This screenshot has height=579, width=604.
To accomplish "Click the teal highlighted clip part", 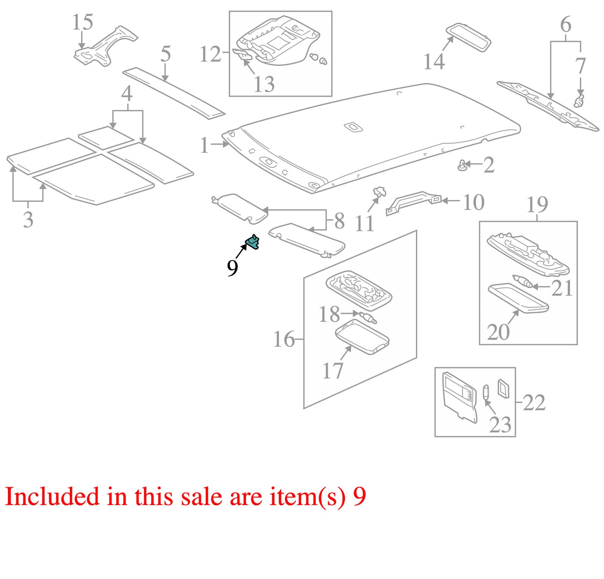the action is point(252,242).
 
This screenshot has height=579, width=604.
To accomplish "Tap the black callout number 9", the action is point(232,268).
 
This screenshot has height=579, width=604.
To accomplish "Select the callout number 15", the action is point(82,22).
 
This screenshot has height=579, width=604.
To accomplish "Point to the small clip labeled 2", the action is point(462,165).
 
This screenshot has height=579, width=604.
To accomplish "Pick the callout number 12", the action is point(210,54).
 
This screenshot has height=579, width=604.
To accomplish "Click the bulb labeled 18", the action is point(368,318).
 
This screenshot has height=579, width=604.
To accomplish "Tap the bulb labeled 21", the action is point(522,281).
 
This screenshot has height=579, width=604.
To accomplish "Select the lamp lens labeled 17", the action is point(362,336).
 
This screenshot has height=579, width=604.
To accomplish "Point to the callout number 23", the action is point(500,425).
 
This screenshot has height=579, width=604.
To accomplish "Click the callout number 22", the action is point(534,403).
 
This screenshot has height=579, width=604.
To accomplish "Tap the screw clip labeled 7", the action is point(579,101).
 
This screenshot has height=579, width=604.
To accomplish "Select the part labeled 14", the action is point(469,37).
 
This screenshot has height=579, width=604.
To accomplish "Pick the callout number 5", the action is point(166,53).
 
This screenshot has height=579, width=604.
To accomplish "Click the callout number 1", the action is point(204,145).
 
